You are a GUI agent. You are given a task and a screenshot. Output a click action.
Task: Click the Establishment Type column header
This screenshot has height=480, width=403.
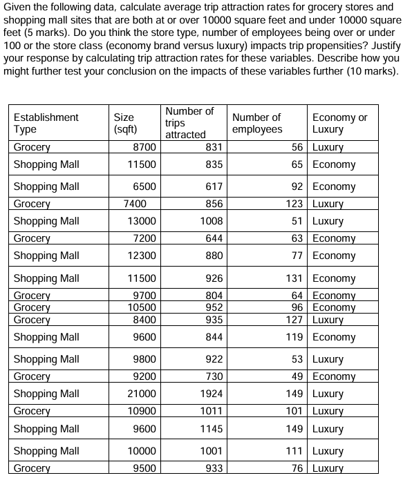click(46, 123)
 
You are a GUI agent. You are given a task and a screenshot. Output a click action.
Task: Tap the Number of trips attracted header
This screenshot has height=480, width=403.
click(189, 122)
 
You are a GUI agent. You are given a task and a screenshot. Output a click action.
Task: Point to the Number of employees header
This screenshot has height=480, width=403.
click(257, 123)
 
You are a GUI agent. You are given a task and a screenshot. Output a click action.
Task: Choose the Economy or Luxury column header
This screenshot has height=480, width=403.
click(340, 123)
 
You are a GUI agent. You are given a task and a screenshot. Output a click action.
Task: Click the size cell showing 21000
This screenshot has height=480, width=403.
click(142, 394)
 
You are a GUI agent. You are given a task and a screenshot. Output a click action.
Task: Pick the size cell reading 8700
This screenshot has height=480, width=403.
click(144, 147)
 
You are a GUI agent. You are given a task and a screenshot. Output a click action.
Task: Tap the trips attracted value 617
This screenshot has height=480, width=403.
click(214, 186)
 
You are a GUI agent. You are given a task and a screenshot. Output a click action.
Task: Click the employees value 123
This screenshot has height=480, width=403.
click(295, 204)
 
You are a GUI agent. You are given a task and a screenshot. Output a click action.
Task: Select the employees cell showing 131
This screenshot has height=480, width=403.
click(295, 278)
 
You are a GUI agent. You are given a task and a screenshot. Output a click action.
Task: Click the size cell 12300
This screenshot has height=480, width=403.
click(142, 256)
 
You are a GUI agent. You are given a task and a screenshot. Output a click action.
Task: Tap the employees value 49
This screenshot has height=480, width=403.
click(298, 376)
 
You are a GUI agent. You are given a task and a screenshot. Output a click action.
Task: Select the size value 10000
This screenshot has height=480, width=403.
click(142, 451)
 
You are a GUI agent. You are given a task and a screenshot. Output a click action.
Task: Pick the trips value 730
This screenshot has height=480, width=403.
click(214, 376)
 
